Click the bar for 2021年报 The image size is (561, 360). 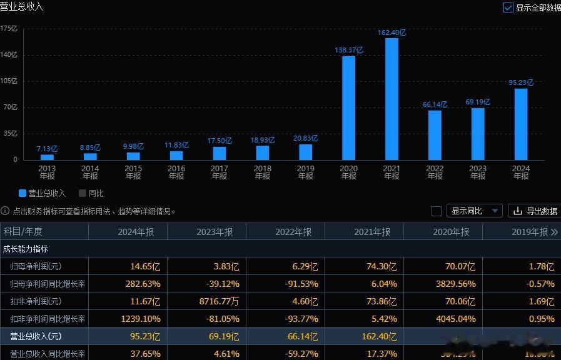392,99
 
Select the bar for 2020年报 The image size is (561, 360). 348,107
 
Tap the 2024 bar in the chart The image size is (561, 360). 521,124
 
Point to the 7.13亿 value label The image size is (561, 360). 48,149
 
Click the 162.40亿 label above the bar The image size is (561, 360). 392,32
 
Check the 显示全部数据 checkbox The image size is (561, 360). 508,7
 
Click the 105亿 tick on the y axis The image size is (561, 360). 9,81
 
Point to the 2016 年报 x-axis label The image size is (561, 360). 176,172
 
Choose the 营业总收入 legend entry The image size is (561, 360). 42,193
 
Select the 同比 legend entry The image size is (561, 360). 91,193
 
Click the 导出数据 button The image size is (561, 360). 534,211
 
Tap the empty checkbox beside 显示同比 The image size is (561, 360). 437,211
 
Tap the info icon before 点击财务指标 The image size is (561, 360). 6,211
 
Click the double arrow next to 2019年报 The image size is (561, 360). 554,232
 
